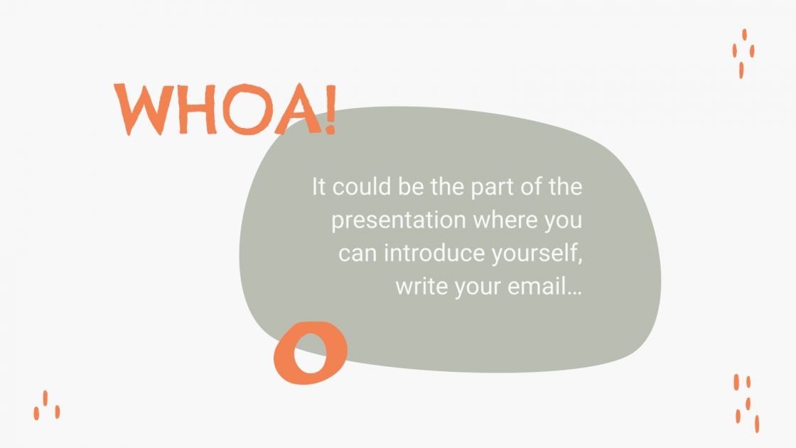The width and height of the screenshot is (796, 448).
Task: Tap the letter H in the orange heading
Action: tap(190, 111)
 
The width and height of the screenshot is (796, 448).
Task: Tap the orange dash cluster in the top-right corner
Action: tap(743, 53)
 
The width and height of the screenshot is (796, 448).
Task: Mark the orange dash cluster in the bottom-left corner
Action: tap(46, 405)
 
